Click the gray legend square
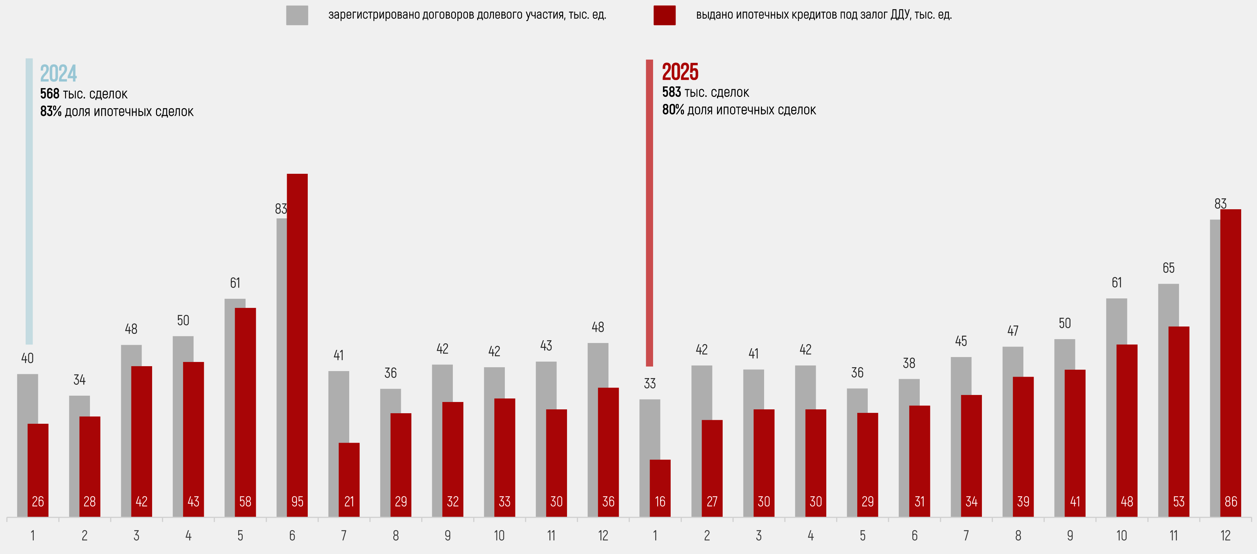click(x=297, y=15)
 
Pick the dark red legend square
click(x=664, y=15)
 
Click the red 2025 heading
click(x=680, y=72)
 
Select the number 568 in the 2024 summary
click(x=49, y=94)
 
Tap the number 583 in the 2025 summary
click(x=671, y=92)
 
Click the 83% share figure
click(x=51, y=112)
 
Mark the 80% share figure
click(x=673, y=110)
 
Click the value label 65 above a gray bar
click(x=1168, y=268)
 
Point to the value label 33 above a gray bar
click(x=650, y=384)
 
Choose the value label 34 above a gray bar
click(x=79, y=380)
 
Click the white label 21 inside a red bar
click(x=349, y=502)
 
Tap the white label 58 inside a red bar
click(x=245, y=502)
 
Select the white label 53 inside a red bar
click(x=1178, y=502)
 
